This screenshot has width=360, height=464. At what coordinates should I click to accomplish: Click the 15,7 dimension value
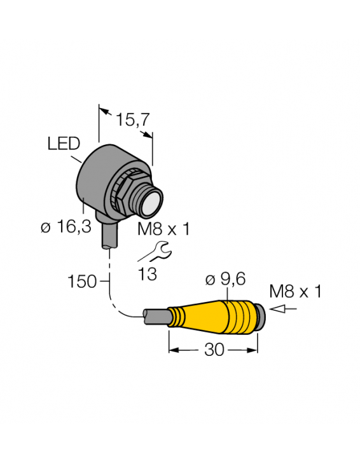point(132,119)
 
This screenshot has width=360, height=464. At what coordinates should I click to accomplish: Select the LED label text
point(64,144)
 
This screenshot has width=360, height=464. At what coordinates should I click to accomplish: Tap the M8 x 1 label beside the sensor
point(163,229)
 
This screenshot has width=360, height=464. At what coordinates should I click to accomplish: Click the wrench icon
point(153,252)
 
